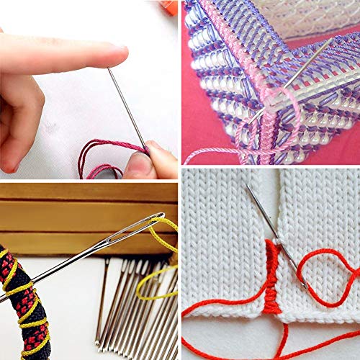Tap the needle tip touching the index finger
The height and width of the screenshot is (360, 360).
click(110, 70)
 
